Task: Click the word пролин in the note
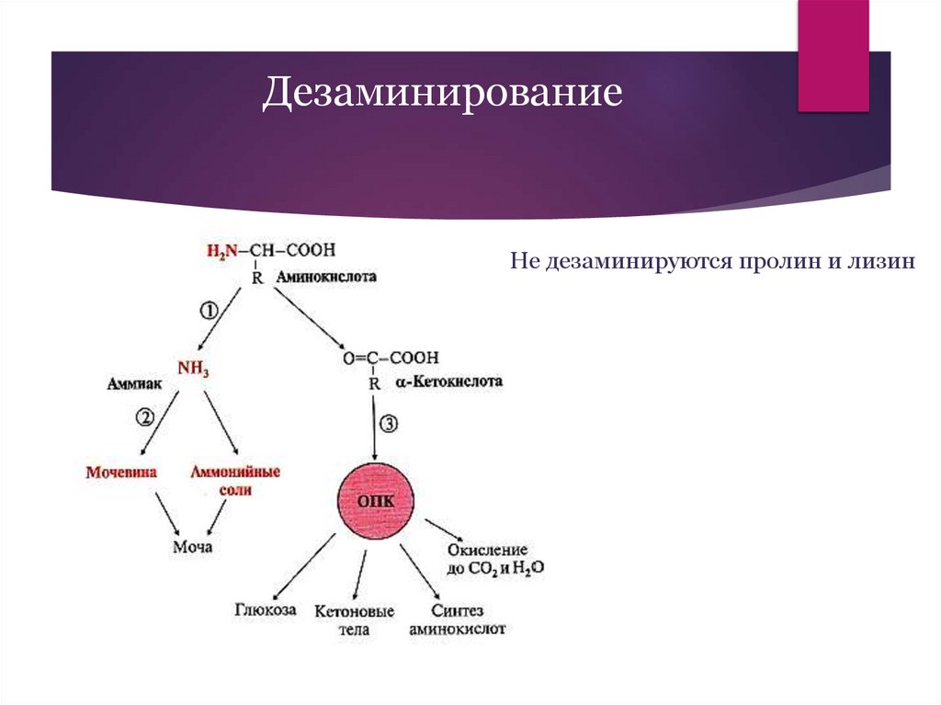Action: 775,262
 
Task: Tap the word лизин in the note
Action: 885,262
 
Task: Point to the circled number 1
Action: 209,312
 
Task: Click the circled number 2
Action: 145,417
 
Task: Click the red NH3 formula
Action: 193,369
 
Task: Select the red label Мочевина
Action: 121,472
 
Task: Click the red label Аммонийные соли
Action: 235,481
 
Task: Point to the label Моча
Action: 193,547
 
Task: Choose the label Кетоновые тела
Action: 354,620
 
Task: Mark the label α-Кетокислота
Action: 448,381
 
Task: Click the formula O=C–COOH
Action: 391,358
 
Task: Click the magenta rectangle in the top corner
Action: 833,55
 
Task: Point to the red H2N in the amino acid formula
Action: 221,250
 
